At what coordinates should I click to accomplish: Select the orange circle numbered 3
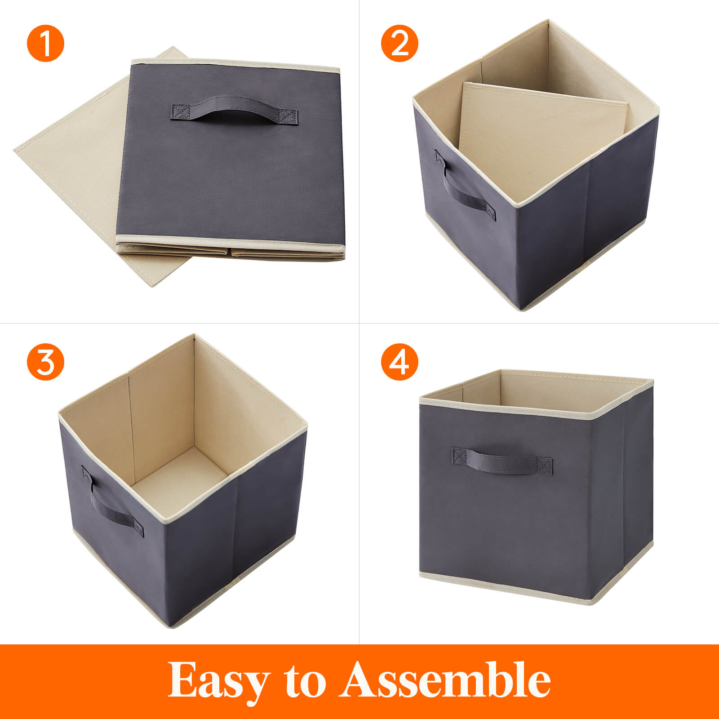(x=45, y=361)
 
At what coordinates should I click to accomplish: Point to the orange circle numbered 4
(x=399, y=361)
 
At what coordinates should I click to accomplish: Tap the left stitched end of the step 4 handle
(x=459, y=456)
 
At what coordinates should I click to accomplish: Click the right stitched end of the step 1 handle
(x=288, y=116)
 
